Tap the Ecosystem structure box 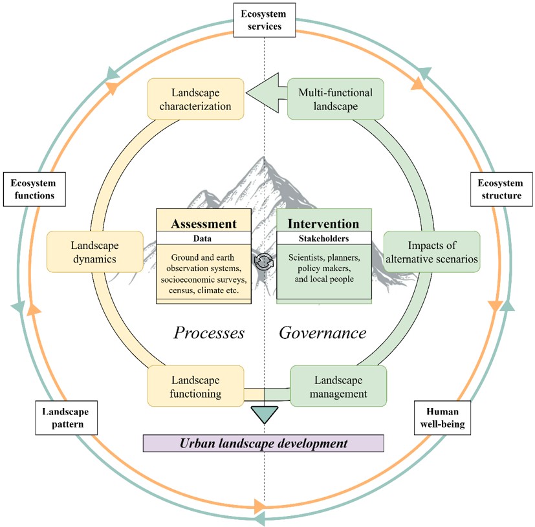[x=496, y=188]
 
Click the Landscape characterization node [x=196, y=99]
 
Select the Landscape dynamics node [x=94, y=251]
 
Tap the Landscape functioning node [x=195, y=385]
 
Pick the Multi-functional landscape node [x=335, y=99]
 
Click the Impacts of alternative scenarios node [x=432, y=251]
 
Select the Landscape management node [x=338, y=385]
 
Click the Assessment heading [x=204, y=224]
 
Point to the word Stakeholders [x=323, y=238]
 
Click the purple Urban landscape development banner [x=263, y=444]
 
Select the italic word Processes [x=208, y=333]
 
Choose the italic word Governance [x=322, y=333]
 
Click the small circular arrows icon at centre [x=264, y=261]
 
